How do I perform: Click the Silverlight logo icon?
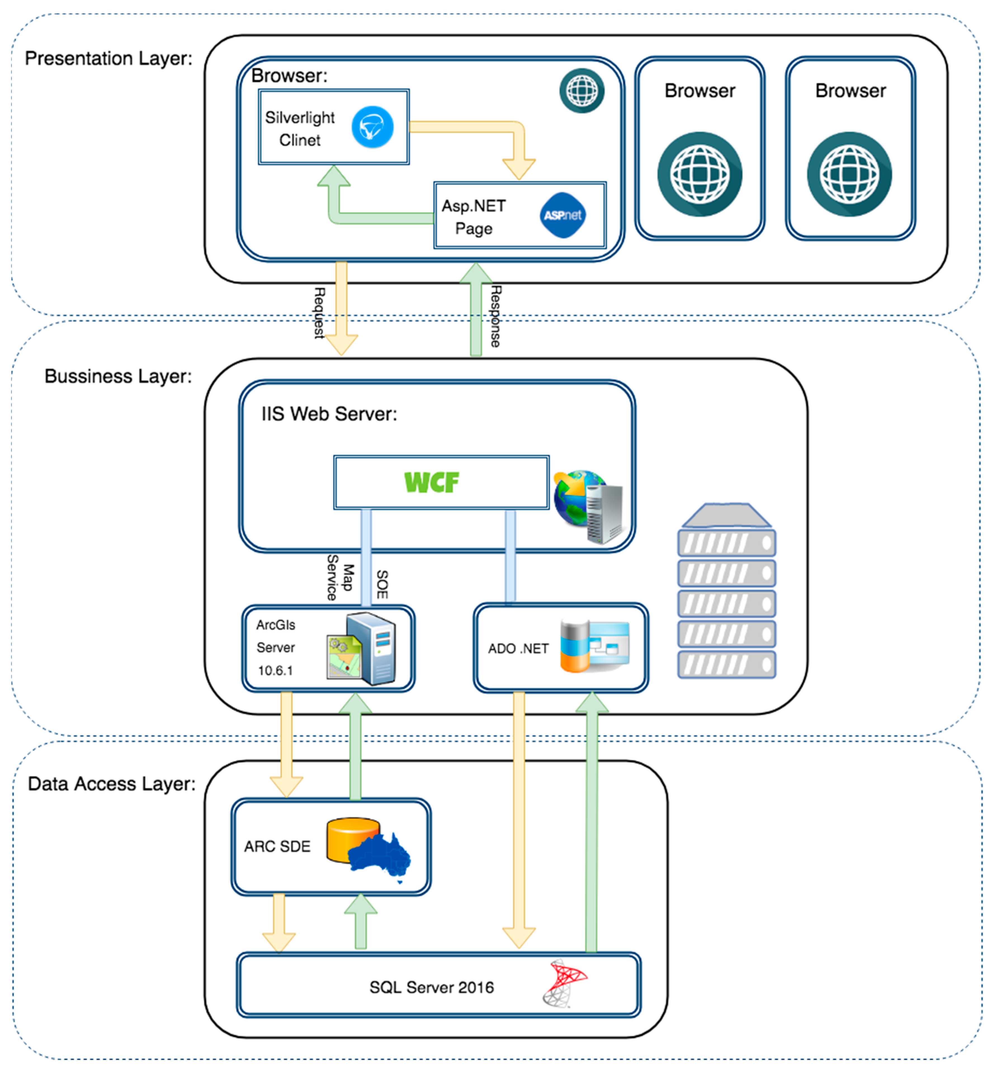372,127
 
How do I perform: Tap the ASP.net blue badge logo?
563,215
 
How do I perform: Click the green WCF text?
432,483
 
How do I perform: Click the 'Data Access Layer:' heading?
112,784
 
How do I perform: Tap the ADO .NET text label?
518,649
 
